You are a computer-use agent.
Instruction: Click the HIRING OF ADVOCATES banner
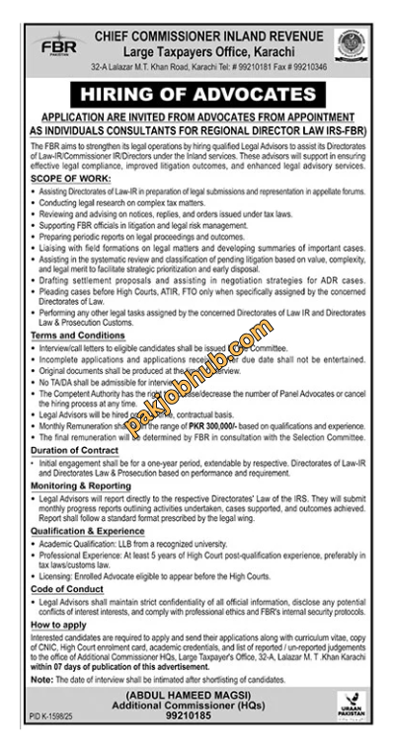[x=197, y=93]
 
